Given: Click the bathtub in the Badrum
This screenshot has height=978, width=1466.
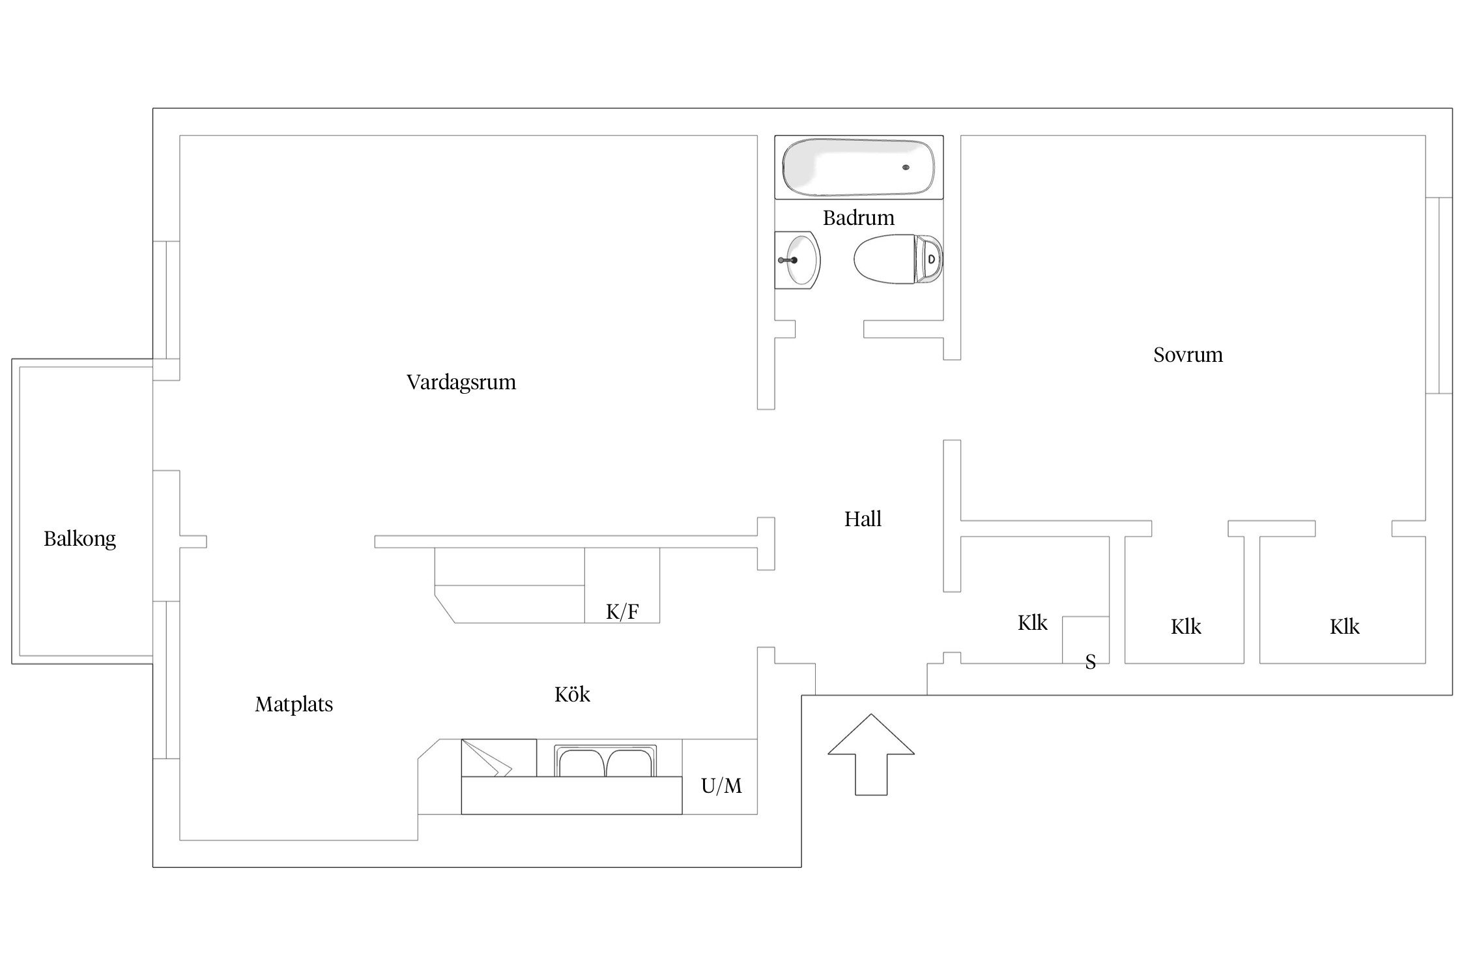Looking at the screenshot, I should pyautogui.click(x=858, y=167).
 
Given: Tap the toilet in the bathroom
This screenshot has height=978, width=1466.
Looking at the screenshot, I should pyautogui.click(x=898, y=259).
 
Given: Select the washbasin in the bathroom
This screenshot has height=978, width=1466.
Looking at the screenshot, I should pyautogui.click(x=798, y=260).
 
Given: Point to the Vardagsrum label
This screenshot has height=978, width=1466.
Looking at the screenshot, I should pyautogui.click(x=461, y=382).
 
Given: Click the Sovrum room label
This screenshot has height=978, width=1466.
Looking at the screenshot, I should pyautogui.click(x=1188, y=355).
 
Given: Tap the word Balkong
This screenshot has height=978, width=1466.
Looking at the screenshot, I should pyautogui.click(x=79, y=539).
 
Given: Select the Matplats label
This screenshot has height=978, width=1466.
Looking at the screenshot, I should pyautogui.click(x=294, y=704).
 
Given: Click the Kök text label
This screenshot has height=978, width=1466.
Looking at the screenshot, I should pyautogui.click(x=572, y=694).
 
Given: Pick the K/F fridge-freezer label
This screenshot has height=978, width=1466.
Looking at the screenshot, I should pyautogui.click(x=622, y=612).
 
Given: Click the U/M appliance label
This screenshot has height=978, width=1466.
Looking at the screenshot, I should pyautogui.click(x=721, y=786).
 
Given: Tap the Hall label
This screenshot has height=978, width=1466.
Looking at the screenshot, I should pyautogui.click(x=863, y=519).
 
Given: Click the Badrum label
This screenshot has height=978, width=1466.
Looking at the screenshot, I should pyautogui.click(x=858, y=218).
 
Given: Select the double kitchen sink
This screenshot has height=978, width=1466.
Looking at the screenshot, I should pyautogui.click(x=606, y=762).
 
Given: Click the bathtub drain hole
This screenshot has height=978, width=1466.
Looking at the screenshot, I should pyautogui.click(x=906, y=168).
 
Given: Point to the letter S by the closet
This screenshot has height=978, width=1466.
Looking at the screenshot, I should pyautogui.click(x=1090, y=662).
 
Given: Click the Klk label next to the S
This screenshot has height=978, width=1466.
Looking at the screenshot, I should pyautogui.click(x=1033, y=623).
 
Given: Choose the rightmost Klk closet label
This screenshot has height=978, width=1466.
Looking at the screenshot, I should pyautogui.click(x=1344, y=627).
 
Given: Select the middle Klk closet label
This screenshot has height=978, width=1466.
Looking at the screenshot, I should pyautogui.click(x=1186, y=627).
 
